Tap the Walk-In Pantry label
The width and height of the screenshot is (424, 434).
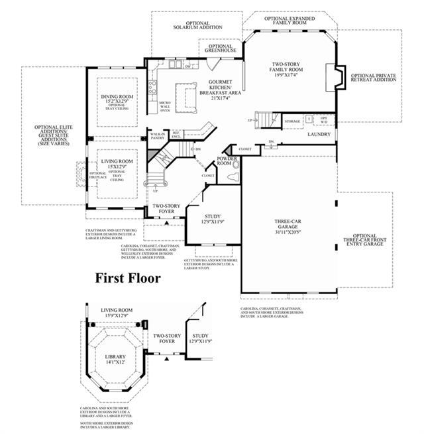157,136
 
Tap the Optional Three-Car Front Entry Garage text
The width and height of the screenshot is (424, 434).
365,240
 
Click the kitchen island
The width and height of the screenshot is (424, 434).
186,90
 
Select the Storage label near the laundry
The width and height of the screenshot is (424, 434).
292,121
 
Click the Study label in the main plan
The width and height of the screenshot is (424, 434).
213,217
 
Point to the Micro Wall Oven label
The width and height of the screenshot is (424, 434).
164,106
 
